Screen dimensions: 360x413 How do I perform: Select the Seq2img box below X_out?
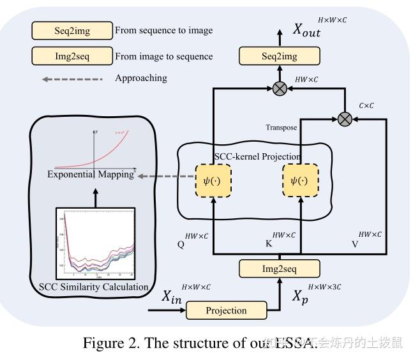tap(279, 56)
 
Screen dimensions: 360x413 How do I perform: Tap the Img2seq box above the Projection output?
tap(279, 269)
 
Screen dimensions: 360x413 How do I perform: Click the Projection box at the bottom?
tap(225, 311)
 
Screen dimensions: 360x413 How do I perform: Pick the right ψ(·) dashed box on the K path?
tap(299, 181)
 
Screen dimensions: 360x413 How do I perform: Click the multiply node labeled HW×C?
tap(279, 89)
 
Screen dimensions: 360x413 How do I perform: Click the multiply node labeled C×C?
tap(345, 118)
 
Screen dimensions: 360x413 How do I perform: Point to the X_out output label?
tap(306, 29)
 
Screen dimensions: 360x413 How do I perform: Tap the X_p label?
tap(300, 296)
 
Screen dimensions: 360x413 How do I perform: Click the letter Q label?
tap(181, 244)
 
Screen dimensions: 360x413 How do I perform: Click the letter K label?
tap(269, 244)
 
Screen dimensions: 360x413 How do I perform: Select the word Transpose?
tap(281, 128)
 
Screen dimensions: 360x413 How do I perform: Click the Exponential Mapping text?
tap(91, 174)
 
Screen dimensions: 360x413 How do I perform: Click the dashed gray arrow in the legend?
tap(71, 79)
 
